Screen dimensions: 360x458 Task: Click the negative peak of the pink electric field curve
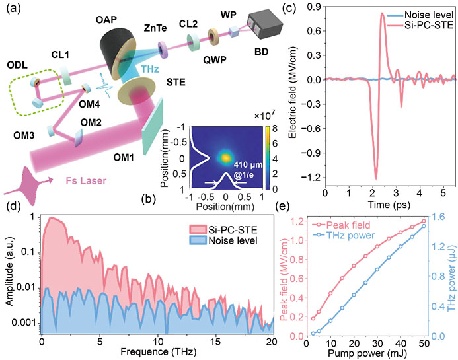pyautogui.click(x=375, y=177)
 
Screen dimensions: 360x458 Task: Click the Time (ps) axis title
pyautogui.click(x=385, y=206)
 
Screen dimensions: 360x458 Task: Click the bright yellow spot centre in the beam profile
pyautogui.click(x=225, y=157)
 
